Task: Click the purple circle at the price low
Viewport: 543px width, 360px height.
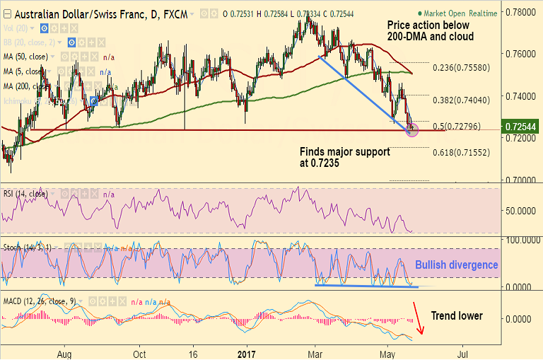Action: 413,129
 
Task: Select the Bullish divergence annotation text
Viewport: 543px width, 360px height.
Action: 456,265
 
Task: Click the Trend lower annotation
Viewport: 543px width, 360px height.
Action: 455,315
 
